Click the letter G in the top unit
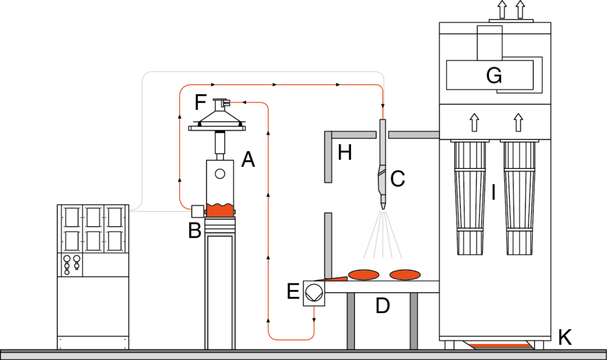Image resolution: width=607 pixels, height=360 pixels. click(x=494, y=75)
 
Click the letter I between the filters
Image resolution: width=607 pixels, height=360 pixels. click(x=493, y=192)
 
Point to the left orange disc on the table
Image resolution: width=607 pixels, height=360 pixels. click(x=363, y=275)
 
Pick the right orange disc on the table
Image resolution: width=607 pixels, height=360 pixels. click(x=405, y=275)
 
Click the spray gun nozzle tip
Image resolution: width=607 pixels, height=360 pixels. click(x=382, y=206)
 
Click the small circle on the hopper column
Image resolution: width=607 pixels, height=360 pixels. click(x=220, y=174)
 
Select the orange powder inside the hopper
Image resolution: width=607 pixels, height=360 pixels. click(x=220, y=210)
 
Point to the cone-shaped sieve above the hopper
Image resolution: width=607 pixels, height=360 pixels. click(x=220, y=119)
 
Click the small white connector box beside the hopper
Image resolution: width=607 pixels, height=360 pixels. click(x=197, y=211)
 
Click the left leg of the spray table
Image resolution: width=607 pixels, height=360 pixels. click(x=351, y=320)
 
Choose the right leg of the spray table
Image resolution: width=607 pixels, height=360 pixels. click(x=414, y=320)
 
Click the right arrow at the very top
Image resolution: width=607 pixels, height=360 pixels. click(x=520, y=9)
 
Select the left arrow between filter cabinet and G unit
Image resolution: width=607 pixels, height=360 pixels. click(x=474, y=122)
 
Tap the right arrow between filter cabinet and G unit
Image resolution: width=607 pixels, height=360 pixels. click(x=519, y=122)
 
